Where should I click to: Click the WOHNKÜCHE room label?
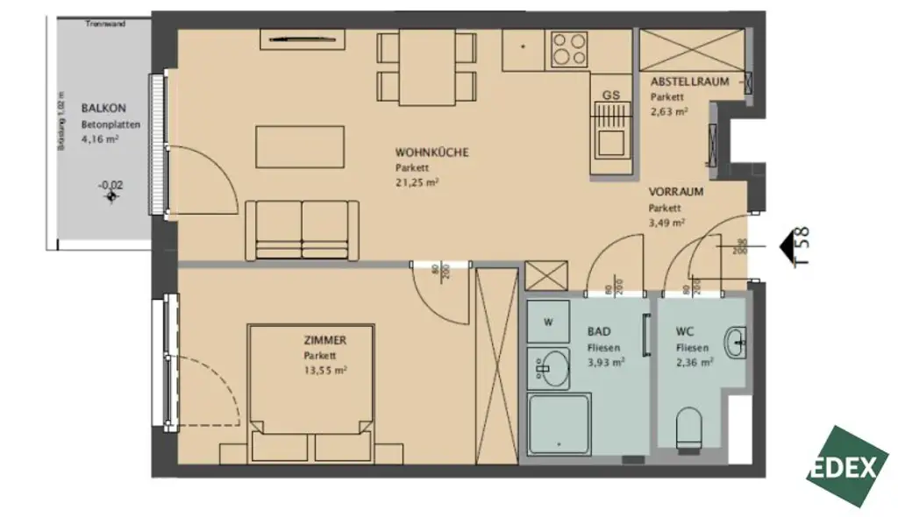[431, 152]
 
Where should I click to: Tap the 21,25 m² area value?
[417, 182]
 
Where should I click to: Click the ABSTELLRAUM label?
[689, 82]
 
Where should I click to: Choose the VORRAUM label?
[675, 191]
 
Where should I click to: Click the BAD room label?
[599, 332]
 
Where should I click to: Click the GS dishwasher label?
[610, 94]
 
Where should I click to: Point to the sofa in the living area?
[302, 229]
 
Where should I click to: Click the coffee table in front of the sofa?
[299, 146]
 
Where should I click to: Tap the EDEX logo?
[847, 466]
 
